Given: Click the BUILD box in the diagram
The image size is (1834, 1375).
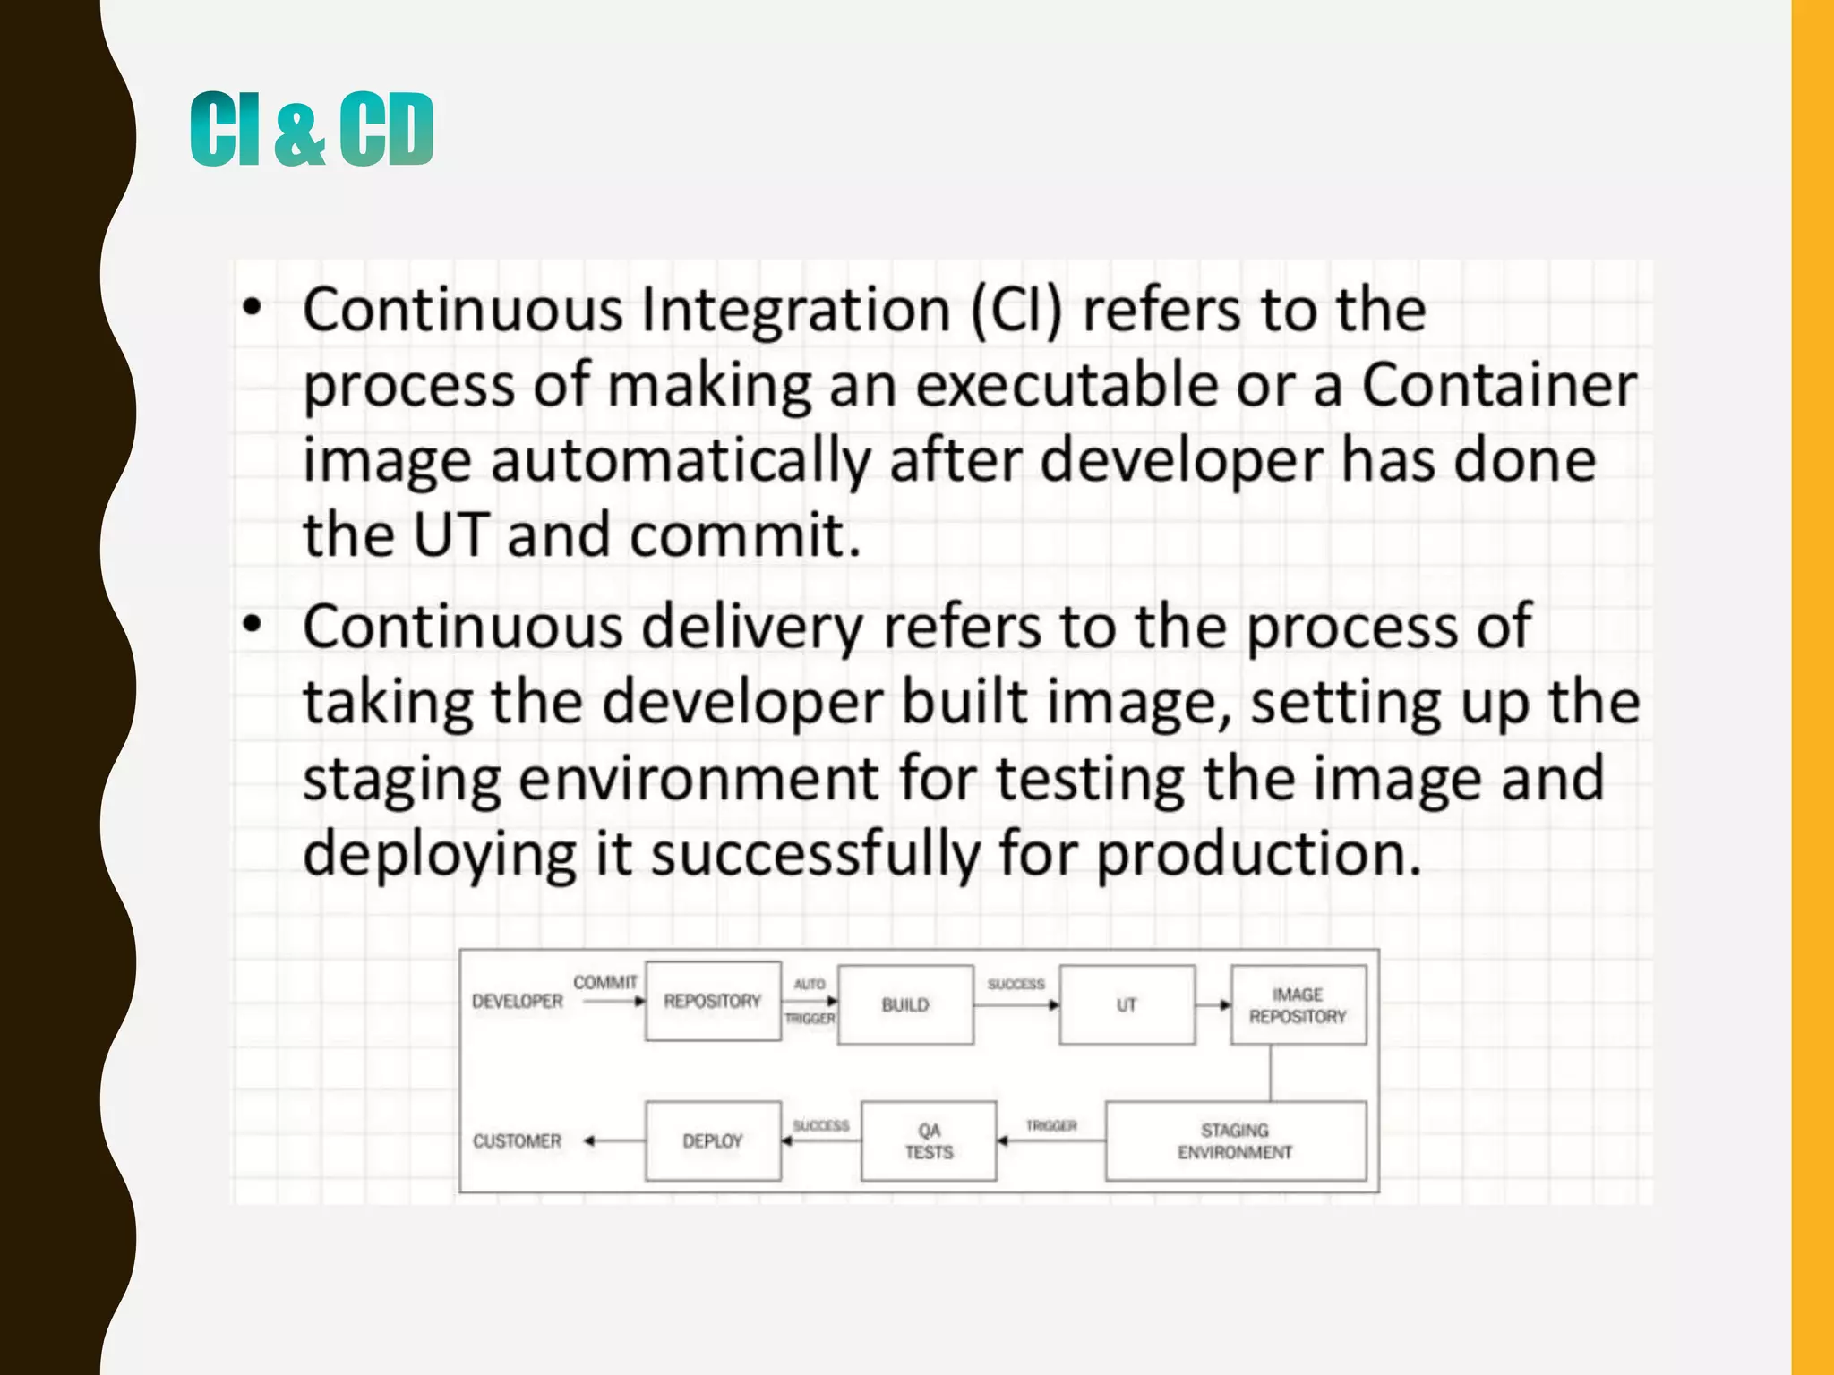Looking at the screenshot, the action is tap(905, 1004).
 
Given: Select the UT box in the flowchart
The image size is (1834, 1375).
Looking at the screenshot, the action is tap(1127, 1004).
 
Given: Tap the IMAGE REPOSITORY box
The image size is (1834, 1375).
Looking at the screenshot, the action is tap(1298, 1004).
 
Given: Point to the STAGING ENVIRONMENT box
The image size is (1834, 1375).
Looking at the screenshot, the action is tap(1235, 1140).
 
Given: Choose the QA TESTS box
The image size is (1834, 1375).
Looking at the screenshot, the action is tap(929, 1140).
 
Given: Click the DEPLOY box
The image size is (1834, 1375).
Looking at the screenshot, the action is tap(713, 1140).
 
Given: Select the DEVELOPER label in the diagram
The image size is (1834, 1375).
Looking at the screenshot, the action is tap(518, 1001).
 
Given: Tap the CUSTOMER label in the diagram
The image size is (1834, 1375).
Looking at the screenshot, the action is tap(518, 1140).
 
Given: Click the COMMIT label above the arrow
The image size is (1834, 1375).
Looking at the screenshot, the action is tap(605, 982).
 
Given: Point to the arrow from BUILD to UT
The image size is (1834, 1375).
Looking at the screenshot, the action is tap(1016, 1005).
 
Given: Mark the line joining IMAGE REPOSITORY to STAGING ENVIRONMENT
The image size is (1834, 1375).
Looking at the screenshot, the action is tap(1271, 1072).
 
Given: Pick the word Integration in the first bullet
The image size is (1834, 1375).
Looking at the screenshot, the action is tap(795, 310).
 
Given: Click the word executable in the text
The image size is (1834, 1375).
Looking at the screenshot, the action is tap(1067, 385).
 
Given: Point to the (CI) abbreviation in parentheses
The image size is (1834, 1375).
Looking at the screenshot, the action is tap(1016, 310).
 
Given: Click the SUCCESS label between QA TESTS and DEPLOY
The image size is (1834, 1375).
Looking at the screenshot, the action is tap(820, 1125).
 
